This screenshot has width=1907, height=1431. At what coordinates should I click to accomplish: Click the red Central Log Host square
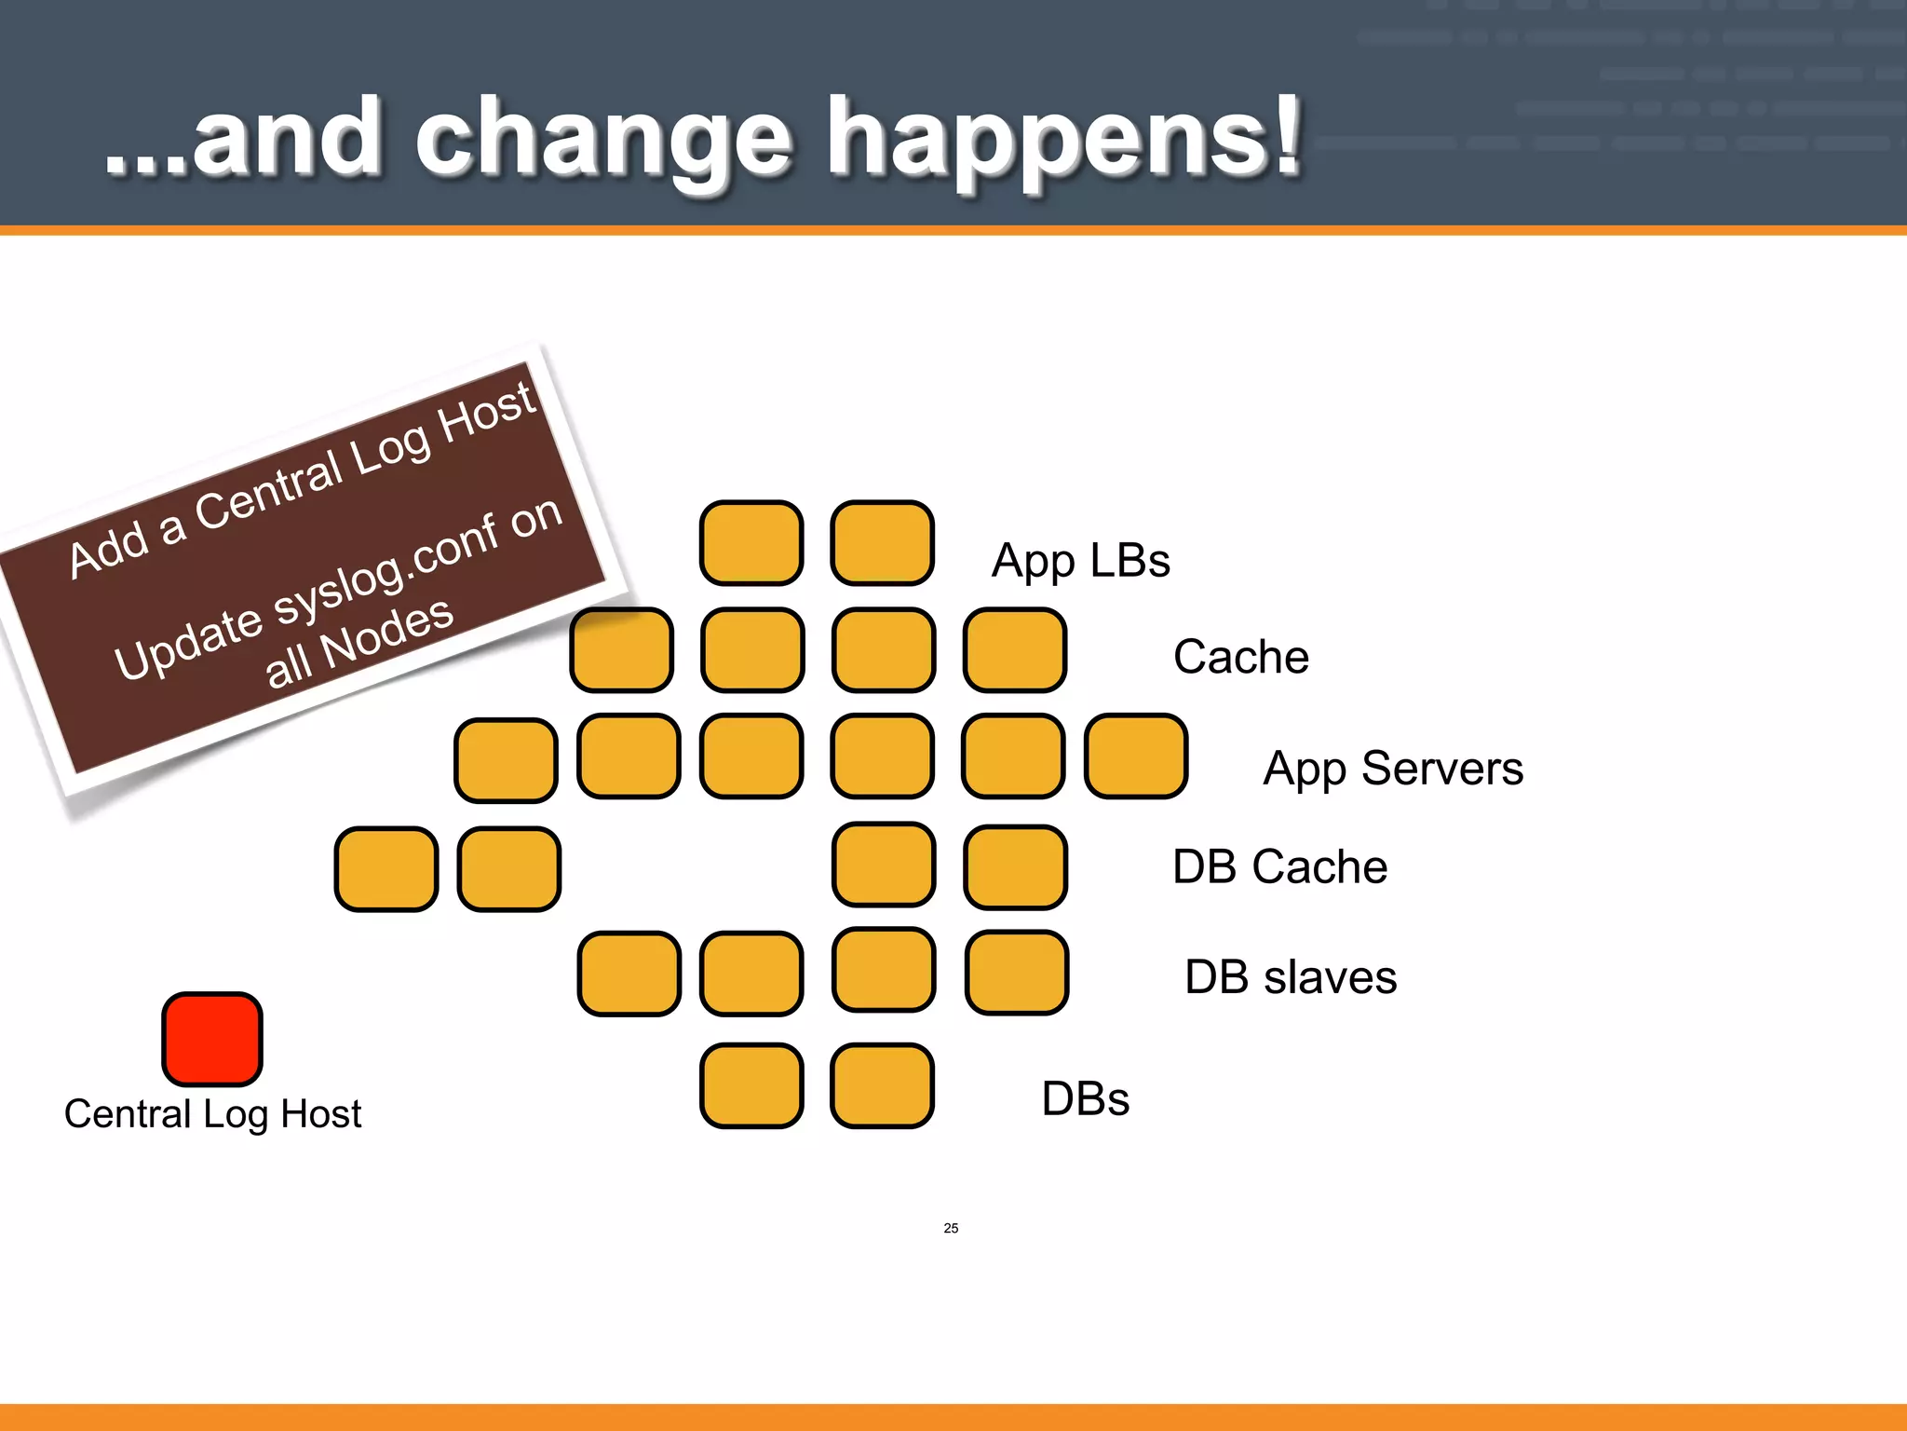(212, 1039)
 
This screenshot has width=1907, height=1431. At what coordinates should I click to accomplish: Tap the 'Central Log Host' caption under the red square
(212, 1114)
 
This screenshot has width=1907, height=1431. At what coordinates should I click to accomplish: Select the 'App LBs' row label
(1080, 561)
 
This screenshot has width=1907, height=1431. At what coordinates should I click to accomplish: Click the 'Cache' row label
(1240, 657)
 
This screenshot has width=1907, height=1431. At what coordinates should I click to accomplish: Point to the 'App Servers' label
(1392, 770)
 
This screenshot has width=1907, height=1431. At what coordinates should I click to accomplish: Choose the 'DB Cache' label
(1279, 866)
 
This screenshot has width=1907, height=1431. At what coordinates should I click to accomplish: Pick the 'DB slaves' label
(1290, 977)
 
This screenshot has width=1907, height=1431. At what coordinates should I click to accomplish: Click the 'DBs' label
(1085, 1098)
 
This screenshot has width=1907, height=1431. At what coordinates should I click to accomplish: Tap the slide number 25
(951, 1228)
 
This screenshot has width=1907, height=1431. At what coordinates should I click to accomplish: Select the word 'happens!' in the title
(1062, 140)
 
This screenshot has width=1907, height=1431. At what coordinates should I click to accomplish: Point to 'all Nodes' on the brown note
(358, 643)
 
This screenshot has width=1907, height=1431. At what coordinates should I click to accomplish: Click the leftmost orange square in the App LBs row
(751, 543)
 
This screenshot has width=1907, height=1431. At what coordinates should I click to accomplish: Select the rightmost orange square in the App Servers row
(1136, 756)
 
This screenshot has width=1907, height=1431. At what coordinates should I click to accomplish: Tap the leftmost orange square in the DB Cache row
(386, 869)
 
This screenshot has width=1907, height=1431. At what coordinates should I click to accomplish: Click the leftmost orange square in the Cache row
(621, 650)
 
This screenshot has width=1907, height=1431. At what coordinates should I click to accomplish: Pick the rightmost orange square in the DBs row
(882, 1085)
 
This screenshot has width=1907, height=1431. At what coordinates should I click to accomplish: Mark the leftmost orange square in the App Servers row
(506, 760)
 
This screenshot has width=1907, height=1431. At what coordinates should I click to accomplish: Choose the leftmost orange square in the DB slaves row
(629, 974)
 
